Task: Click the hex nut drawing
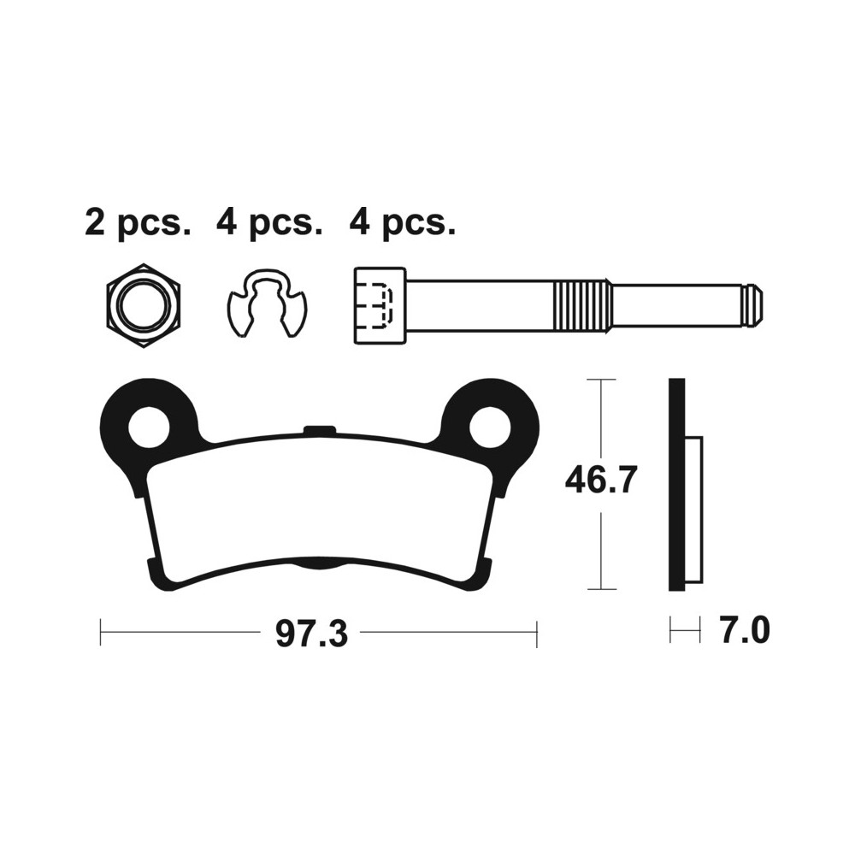(143, 305)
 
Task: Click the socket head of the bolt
(379, 305)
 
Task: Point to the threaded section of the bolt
(583, 305)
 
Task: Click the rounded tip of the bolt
(752, 305)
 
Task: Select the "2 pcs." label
(138, 223)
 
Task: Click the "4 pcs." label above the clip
(269, 223)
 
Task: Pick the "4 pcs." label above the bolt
(402, 223)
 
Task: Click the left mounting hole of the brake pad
(150, 426)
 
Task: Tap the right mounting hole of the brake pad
(489, 426)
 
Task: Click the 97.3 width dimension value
(311, 634)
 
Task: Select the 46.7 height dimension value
(601, 482)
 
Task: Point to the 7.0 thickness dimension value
(745, 632)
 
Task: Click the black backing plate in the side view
(676, 484)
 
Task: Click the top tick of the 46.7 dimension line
(602, 379)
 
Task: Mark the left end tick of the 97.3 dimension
(101, 633)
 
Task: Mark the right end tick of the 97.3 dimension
(536, 633)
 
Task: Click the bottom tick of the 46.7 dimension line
(602, 589)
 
